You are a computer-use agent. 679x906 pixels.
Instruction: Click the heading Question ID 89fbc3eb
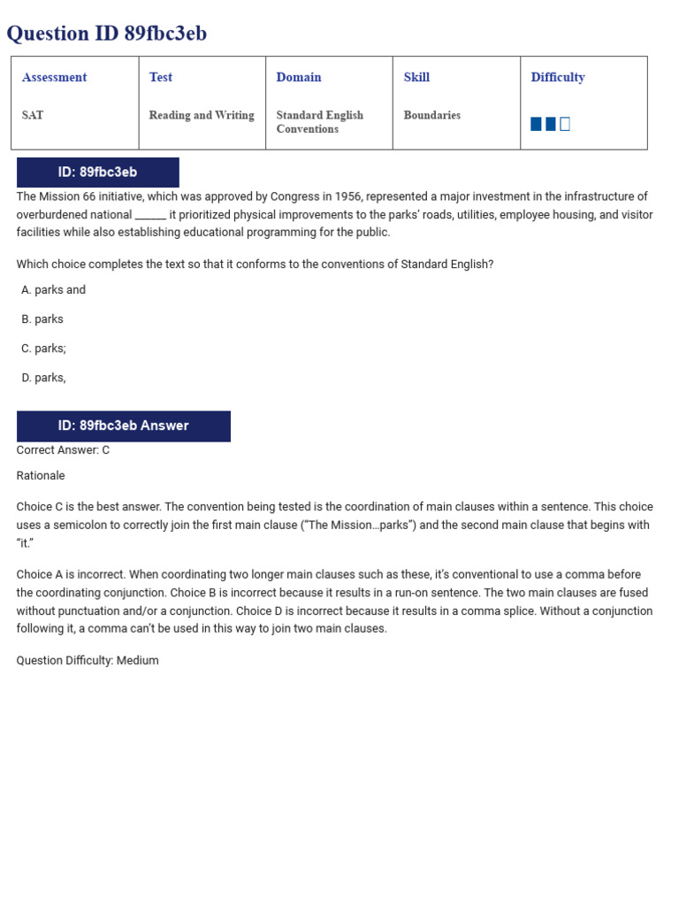coord(107,34)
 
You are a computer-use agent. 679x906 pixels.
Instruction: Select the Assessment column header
coord(54,78)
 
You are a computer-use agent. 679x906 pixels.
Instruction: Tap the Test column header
coord(161,78)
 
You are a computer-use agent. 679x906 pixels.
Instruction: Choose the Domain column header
coord(299,78)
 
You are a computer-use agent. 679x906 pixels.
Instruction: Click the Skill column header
coord(416,78)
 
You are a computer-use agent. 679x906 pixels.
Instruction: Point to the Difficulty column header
coord(558,78)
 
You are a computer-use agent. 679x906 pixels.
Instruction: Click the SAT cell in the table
coord(33,116)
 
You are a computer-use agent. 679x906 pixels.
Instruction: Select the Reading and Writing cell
coord(202,116)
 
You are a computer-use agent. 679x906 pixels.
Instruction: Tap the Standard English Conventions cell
coord(319,122)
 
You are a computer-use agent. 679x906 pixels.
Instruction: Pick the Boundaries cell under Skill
coord(431,116)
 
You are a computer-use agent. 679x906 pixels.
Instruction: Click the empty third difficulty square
coord(565,124)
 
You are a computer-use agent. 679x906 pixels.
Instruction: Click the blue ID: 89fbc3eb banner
coord(97,173)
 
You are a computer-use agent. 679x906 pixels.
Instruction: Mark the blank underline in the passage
coord(150,215)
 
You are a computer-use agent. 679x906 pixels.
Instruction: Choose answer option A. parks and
coord(54,290)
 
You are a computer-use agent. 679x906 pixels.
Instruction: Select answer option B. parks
coord(42,319)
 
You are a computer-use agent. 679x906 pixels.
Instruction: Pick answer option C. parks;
coord(44,349)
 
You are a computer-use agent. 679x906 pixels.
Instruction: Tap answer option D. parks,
coord(44,378)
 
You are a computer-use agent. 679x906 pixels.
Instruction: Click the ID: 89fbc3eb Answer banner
coord(123,426)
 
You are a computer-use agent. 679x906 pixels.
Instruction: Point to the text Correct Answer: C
coord(63,450)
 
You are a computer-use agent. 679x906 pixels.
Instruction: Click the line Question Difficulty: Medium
coord(88,661)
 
